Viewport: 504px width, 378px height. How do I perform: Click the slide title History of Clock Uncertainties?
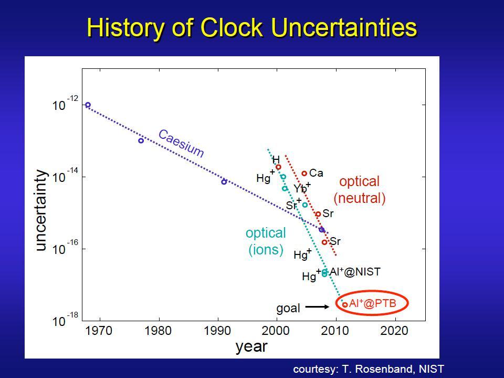coord(252,28)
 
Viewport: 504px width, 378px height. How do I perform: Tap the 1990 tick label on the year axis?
coord(218,331)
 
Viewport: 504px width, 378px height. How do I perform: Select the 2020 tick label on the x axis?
coord(394,331)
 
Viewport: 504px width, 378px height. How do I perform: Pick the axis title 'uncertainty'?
coord(41,210)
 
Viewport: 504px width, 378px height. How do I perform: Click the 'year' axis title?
coord(251,346)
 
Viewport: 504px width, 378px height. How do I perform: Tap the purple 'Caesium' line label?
coord(181,144)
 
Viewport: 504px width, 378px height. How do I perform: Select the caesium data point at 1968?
coord(88,105)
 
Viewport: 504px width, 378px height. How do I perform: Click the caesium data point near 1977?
coord(141,141)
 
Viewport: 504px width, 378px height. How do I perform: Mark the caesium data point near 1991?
coord(224,182)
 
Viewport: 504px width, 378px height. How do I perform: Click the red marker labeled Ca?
coord(304,173)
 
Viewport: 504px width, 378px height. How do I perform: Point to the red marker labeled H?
coord(278,167)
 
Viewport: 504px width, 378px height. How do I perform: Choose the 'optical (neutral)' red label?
coord(359,190)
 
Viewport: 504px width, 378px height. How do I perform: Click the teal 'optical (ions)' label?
coord(266,241)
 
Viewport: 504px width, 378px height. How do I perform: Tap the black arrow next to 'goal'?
coord(317,307)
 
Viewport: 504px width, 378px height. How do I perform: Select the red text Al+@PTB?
coord(373,303)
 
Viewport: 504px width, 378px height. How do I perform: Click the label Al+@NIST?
coord(355,272)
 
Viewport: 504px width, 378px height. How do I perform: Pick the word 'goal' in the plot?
coord(288,309)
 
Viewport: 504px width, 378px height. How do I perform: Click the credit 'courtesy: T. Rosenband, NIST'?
coord(369,369)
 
